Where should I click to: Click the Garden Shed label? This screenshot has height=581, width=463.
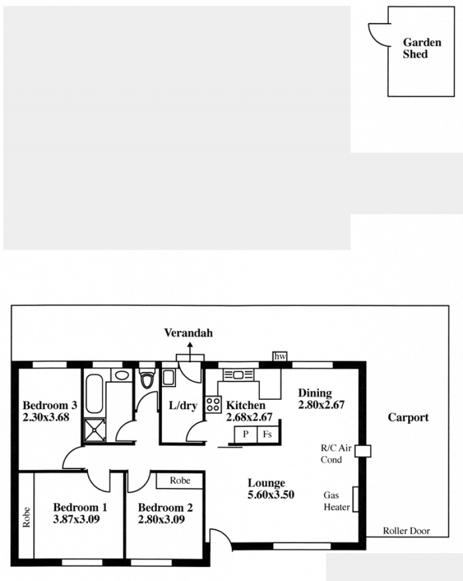(422, 48)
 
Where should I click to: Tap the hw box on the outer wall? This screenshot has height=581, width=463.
(280, 356)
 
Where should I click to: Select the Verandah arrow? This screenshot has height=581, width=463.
(190, 352)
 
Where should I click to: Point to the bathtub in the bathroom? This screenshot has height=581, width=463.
(94, 393)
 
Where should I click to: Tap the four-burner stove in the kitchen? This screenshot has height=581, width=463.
(213, 405)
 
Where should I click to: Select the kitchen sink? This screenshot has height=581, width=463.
(238, 375)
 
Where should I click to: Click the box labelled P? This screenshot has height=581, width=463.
(245, 434)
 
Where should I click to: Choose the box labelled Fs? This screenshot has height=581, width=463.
(267, 434)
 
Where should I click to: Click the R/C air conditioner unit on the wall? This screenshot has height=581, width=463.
(363, 451)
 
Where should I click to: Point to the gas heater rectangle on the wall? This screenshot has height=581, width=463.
(355, 499)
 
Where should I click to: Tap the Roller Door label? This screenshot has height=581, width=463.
(406, 531)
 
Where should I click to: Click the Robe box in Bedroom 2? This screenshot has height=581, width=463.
(180, 480)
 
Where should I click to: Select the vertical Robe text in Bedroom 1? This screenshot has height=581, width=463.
(26, 517)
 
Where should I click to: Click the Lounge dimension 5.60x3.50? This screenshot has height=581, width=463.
(271, 495)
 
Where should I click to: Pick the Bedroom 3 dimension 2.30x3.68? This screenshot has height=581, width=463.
(46, 417)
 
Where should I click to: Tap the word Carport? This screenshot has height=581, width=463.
(408, 418)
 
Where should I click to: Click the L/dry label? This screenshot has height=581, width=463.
(183, 406)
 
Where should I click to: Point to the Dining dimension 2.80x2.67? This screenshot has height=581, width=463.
(321, 405)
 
